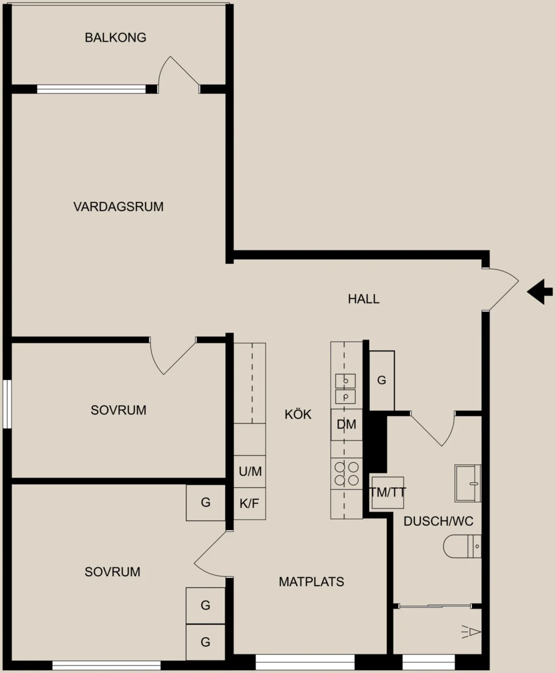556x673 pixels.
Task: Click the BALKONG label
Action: pyautogui.click(x=115, y=37)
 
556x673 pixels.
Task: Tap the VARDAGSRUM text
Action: pyautogui.click(x=118, y=206)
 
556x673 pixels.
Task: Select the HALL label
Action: pyautogui.click(x=364, y=299)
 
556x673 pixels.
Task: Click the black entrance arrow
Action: pyautogui.click(x=540, y=291)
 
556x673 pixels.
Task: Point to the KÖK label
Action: pyautogui.click(x=298, y=414)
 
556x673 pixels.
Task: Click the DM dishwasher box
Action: pyautogui.click(x=346, y=425)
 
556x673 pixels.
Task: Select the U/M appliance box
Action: pyautogui.click(x=250, y=471)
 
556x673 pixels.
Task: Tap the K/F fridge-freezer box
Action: pyautogui.click(x=250, y=504)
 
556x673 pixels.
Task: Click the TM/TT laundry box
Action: pyautogui.click(x=388, y=493)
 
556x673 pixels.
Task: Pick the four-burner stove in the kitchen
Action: pyautogui.click(x=346, y=474)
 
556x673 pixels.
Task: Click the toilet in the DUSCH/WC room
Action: pyautogui.click(x=462, y=546)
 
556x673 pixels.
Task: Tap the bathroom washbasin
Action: pyautogui.click(x=467, y=483)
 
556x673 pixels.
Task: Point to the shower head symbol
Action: pyautogui.click(x=471, y=632)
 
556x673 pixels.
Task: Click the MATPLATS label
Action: pyautogui.click(x=311, y=582)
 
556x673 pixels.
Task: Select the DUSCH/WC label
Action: pyautogui.click(x=438, y=521)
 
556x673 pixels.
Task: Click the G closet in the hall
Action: pyautogui.click(x=382, y=380)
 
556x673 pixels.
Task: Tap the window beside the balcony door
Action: pyautogui.click(x=91, y=89)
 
